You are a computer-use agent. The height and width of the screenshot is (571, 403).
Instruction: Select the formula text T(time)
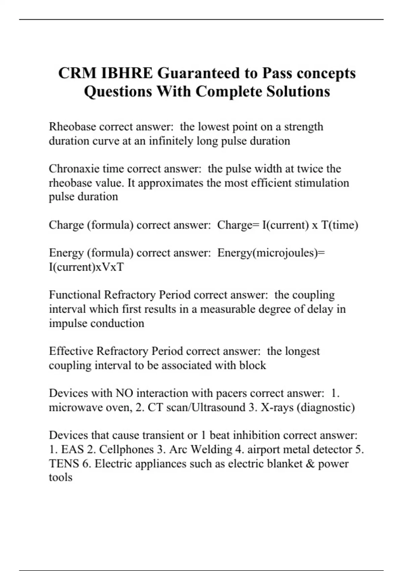pyautogui.click(x=340, y=225)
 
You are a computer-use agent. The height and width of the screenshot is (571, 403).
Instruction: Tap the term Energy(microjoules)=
pyautogui.click(x=271, y=253)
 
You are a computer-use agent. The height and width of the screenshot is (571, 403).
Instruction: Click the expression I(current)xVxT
pyautogui.click(x=86, y=267)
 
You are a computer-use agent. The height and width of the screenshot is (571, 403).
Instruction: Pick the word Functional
pyautogui.click(x=75, y=295)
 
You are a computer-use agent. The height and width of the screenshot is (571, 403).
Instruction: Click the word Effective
pyautogui.click(x=71, y=351)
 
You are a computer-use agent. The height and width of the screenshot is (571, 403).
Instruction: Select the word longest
pyautogui.click(x=303, y=351)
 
